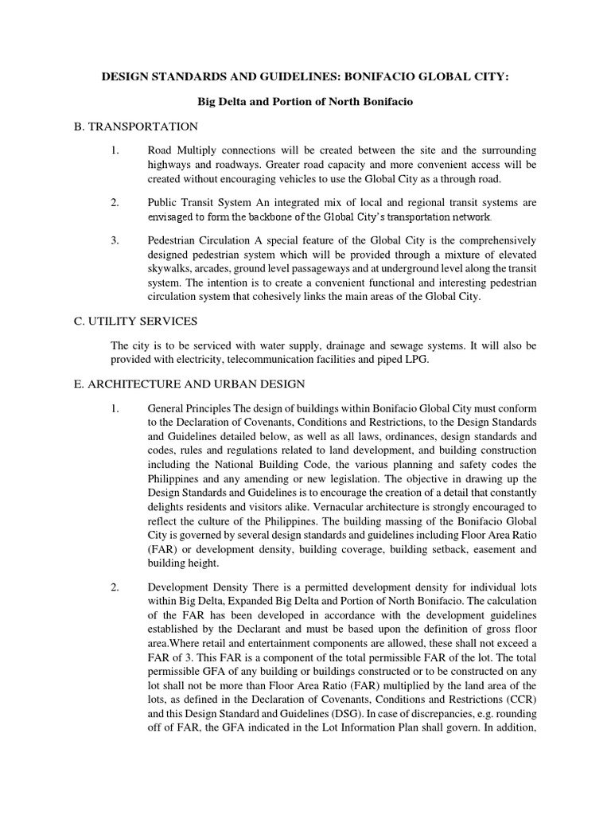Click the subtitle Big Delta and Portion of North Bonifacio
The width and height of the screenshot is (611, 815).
[x=305, y=102]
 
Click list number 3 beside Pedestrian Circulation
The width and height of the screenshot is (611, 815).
[x=115, y=240]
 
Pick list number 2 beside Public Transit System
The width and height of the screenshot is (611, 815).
[x=115, y=202]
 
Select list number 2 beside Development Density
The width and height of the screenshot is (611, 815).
[x=115, y=588]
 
